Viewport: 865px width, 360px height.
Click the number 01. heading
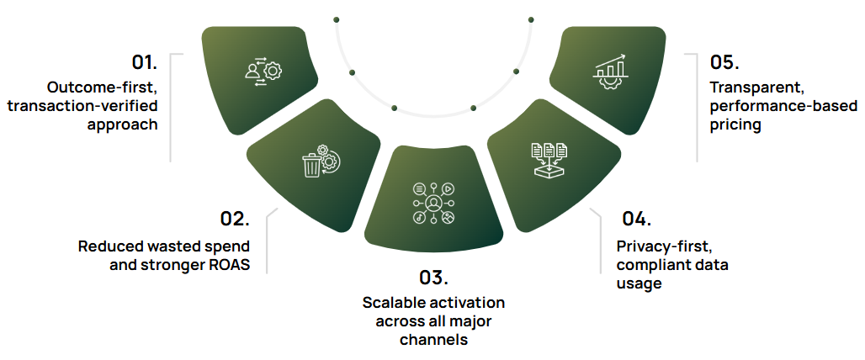pos(144,62)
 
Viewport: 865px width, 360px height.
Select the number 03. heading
pos(433,278)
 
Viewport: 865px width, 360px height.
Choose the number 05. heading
pos(724,62)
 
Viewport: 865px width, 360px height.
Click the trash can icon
pos(313,166)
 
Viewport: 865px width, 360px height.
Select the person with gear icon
pos(255,71)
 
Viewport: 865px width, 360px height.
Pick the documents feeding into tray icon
pos(550,159)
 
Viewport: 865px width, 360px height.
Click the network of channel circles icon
pos(433,204)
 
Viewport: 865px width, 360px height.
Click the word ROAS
pos(229,267)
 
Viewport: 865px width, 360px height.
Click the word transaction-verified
pos(82,106)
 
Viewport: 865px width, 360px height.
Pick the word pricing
pos(736,126)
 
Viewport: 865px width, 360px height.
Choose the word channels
pos(433,340)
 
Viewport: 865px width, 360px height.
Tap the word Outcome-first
pos(103,87)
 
